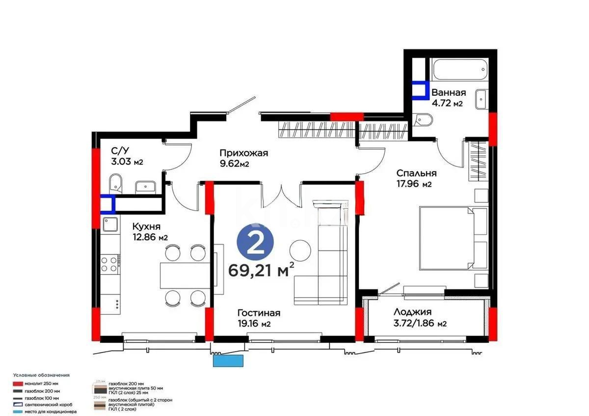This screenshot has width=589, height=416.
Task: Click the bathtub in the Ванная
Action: pyautogui.click(x=459, y=72)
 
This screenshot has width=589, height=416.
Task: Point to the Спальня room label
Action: pyautogui.click(x=416, y=173)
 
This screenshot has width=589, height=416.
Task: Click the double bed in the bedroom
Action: pyautogui.click(x=453, y=238)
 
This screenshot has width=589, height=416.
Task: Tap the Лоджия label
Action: pyautogui.click(x=412, y=312)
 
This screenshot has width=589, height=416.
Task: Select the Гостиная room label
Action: pyautogui.click(x=258, y=313)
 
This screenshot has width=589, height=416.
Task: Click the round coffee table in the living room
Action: pyautogui.click(x=300, y=250)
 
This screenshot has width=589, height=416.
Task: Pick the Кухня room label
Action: pyautogui.click(x=146, y=227)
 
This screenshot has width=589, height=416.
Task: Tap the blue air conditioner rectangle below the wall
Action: pyautogui.click(x=228, y=361)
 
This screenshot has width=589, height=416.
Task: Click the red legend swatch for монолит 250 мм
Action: pyautogui.click(x=19, y=383)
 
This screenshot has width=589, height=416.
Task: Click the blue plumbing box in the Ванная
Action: pyautogui.click(x=419, y=90)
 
